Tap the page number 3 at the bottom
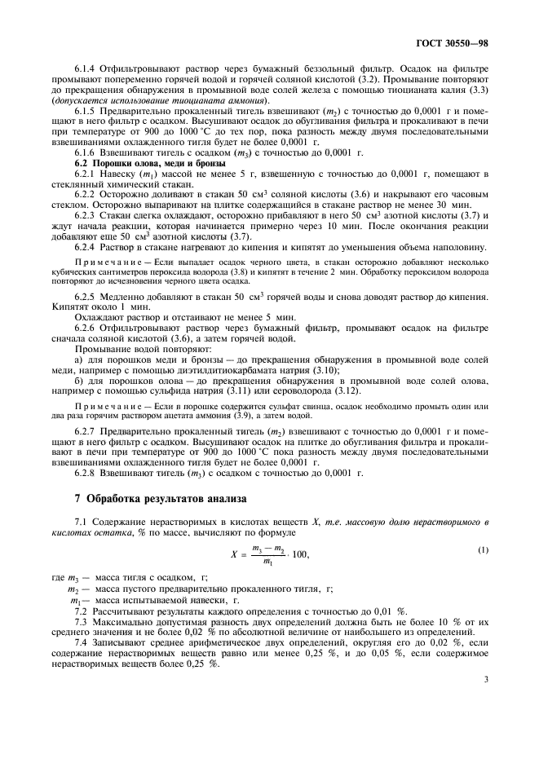pos(486,677)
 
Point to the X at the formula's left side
pos(234,554)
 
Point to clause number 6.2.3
pos(86,215)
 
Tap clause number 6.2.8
pos(86,472)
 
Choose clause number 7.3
pos(81,621)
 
